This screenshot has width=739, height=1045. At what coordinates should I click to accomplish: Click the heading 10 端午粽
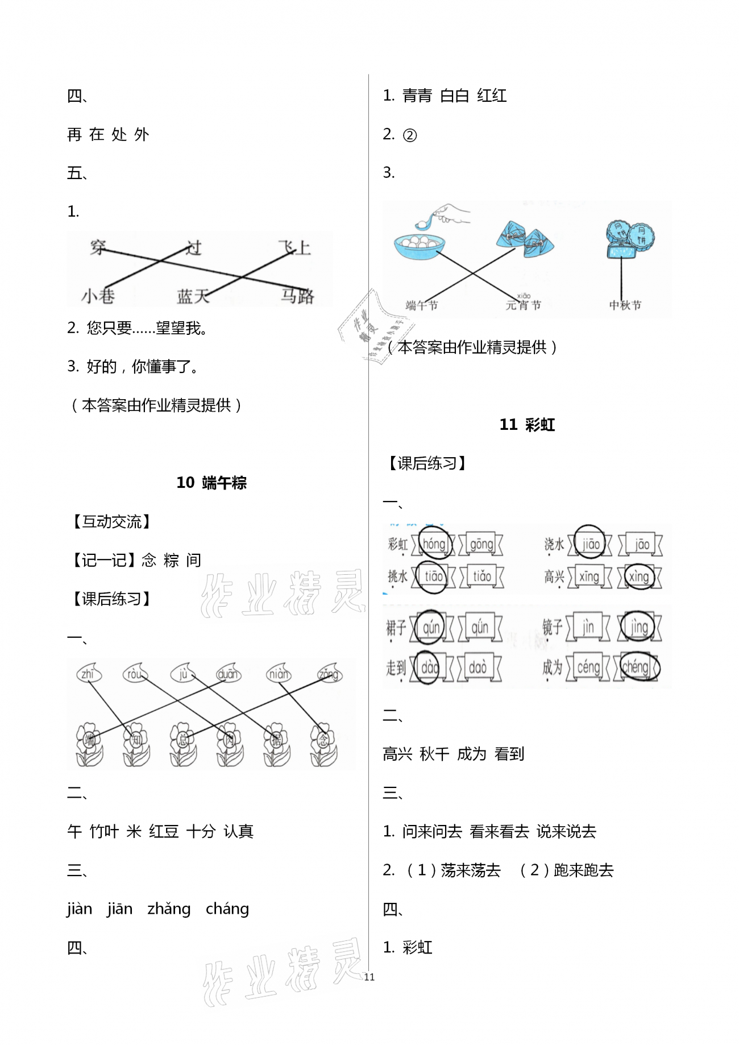211,483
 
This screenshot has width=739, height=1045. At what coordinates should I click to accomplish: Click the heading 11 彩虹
527,425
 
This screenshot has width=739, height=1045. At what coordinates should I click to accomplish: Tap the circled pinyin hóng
435,544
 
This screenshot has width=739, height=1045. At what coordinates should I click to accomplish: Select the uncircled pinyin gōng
481,544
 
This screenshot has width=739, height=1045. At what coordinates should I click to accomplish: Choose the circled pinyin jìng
639,627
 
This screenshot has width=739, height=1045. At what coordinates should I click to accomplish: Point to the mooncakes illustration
629,239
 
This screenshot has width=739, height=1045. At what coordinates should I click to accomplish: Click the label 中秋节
625,305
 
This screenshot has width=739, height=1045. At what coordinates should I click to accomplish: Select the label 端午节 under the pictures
422,305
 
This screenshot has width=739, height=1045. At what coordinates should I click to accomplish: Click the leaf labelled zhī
88,674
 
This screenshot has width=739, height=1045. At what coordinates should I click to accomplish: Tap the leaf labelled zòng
329,674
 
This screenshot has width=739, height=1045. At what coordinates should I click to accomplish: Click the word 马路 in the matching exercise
297,296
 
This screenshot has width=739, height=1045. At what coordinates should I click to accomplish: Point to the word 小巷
98,296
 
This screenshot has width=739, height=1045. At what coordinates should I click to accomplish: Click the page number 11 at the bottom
369,977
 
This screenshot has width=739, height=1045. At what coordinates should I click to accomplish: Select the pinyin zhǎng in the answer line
169,909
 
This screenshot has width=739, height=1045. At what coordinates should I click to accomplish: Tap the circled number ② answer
409,135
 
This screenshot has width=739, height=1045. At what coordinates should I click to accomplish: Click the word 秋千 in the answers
434,754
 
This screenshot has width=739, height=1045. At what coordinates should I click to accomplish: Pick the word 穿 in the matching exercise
98,247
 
